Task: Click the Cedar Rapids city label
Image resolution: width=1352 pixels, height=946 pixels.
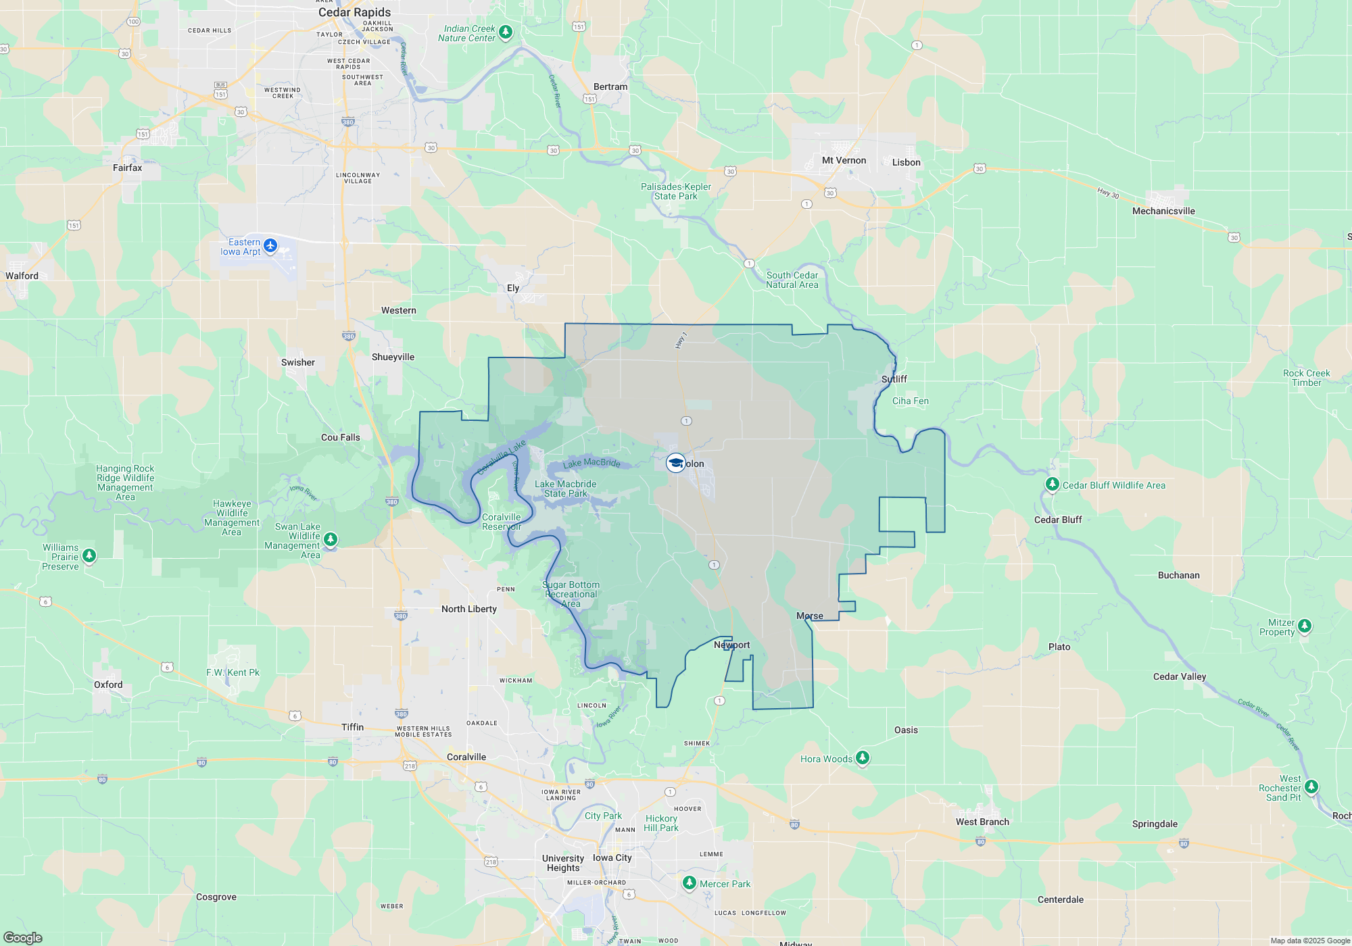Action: [x=354, y=12]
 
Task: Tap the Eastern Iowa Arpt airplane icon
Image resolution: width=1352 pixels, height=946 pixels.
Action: [x=270, y=245]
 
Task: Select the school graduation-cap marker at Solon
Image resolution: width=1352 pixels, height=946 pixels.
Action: [x=675, y=463]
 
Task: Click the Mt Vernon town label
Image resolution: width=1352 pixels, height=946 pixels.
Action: [x=844, y=160]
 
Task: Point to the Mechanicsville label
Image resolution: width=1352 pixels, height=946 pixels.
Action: [x=1163, y=211]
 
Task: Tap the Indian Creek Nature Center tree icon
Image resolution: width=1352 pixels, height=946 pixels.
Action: [x=505, y=32]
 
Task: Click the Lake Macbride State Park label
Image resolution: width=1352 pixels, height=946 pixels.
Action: [x=566, y=489]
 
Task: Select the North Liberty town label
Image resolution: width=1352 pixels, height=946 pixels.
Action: [x=468, y=609]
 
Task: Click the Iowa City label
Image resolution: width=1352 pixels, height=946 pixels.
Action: [x=612, y=857]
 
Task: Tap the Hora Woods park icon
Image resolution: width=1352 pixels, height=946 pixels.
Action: [x=862, y=757]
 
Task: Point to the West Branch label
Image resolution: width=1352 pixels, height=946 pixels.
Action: [x=982, y=822]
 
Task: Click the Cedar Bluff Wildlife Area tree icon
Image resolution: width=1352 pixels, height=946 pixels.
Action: [x=1052, y=484]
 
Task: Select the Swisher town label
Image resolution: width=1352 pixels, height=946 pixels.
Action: [x=297, y=362]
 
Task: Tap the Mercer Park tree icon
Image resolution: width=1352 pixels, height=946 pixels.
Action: [x=689, y=882]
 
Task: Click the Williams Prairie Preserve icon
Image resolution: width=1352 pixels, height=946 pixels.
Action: [x=89, y=555]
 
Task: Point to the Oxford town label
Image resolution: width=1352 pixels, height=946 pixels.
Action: [x=108, y=684]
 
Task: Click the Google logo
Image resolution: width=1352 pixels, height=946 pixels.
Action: [x=22, y=937]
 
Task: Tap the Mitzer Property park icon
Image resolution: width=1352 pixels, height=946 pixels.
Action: [x=1305, y=626]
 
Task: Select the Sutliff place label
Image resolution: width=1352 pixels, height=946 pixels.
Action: [x=894, y=379]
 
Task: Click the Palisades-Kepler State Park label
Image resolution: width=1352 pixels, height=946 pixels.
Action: [x=675, y=191]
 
